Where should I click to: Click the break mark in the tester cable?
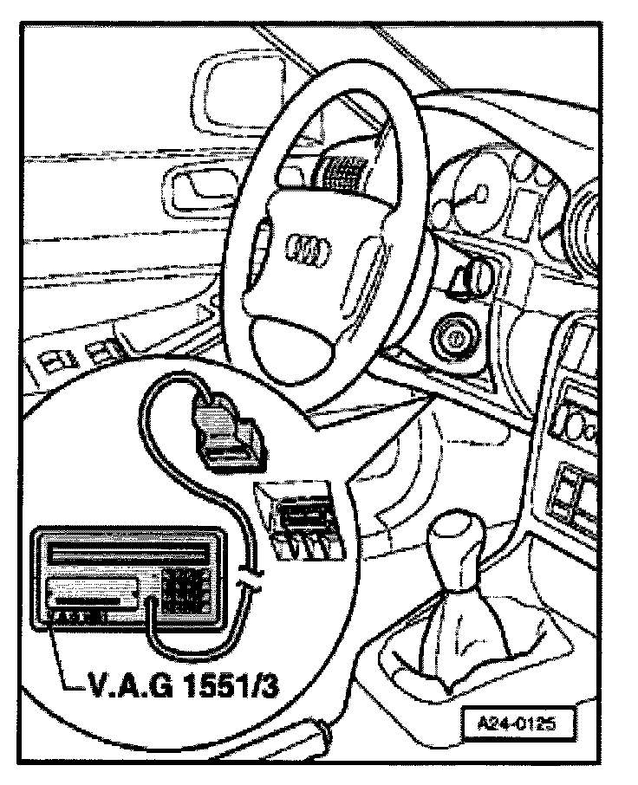click(249, 574)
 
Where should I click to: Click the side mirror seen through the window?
click(221, 93)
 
